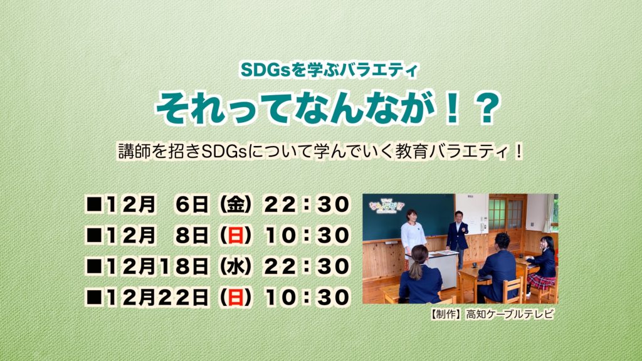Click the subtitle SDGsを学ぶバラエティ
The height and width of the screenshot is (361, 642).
[x=329, y=70]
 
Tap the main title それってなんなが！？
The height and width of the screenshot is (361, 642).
[x=329, y=108]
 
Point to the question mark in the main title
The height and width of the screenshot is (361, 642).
[x=487, y=108]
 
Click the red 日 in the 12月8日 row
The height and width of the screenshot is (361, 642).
[x=236, y=236]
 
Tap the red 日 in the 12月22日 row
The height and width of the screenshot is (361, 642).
[x=236, y=297]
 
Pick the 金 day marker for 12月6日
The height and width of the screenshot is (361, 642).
[x=236, y=204]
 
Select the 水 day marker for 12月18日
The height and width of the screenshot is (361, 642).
[x=236, y=266]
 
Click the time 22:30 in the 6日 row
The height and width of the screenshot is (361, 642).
[x=307, y=204]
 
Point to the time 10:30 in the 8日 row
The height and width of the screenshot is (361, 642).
[x=307, y=236]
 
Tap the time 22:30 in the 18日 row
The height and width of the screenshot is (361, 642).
[x=307, y=266]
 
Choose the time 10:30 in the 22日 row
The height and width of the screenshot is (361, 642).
[x=307, y=297]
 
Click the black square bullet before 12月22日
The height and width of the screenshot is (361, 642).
[x=94, y=297]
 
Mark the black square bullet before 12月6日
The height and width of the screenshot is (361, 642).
[x=94, y=204]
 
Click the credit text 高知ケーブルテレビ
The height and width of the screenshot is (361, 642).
[x=510, y=315]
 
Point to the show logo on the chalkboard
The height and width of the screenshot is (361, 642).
[x=386, y=206]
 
